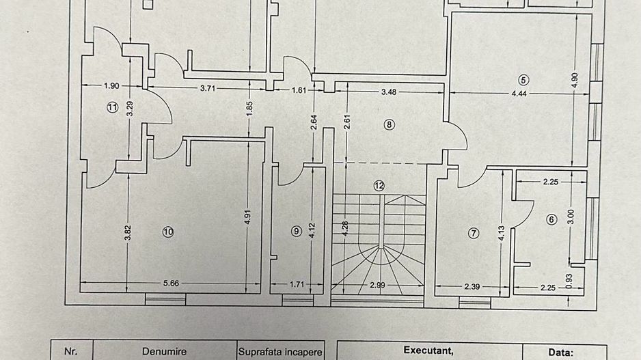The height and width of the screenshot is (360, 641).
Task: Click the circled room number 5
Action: click(523, 80)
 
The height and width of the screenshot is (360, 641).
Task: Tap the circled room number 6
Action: click(551, 219)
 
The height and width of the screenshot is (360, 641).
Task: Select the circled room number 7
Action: click(473, 233)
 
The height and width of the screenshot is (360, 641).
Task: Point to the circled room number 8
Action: click(390, 124)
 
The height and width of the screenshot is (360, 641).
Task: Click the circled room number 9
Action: click(296, 231)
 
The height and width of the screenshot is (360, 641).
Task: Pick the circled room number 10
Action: click(168, 232)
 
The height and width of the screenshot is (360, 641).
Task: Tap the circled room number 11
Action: click(113, 107)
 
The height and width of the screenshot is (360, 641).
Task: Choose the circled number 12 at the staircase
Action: click(379, 185)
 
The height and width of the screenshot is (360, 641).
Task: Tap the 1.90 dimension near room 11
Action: click(111, 86)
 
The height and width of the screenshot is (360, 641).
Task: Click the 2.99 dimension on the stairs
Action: click(379, 285)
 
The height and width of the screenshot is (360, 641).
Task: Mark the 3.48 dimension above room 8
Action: click(388, 89)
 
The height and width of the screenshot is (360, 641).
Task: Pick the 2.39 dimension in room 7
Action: click(472, 286)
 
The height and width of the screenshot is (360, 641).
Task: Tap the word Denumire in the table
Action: click(164, 352)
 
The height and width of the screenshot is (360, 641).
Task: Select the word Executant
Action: click(428, 350)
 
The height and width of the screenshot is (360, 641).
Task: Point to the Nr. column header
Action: click(70, 352)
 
